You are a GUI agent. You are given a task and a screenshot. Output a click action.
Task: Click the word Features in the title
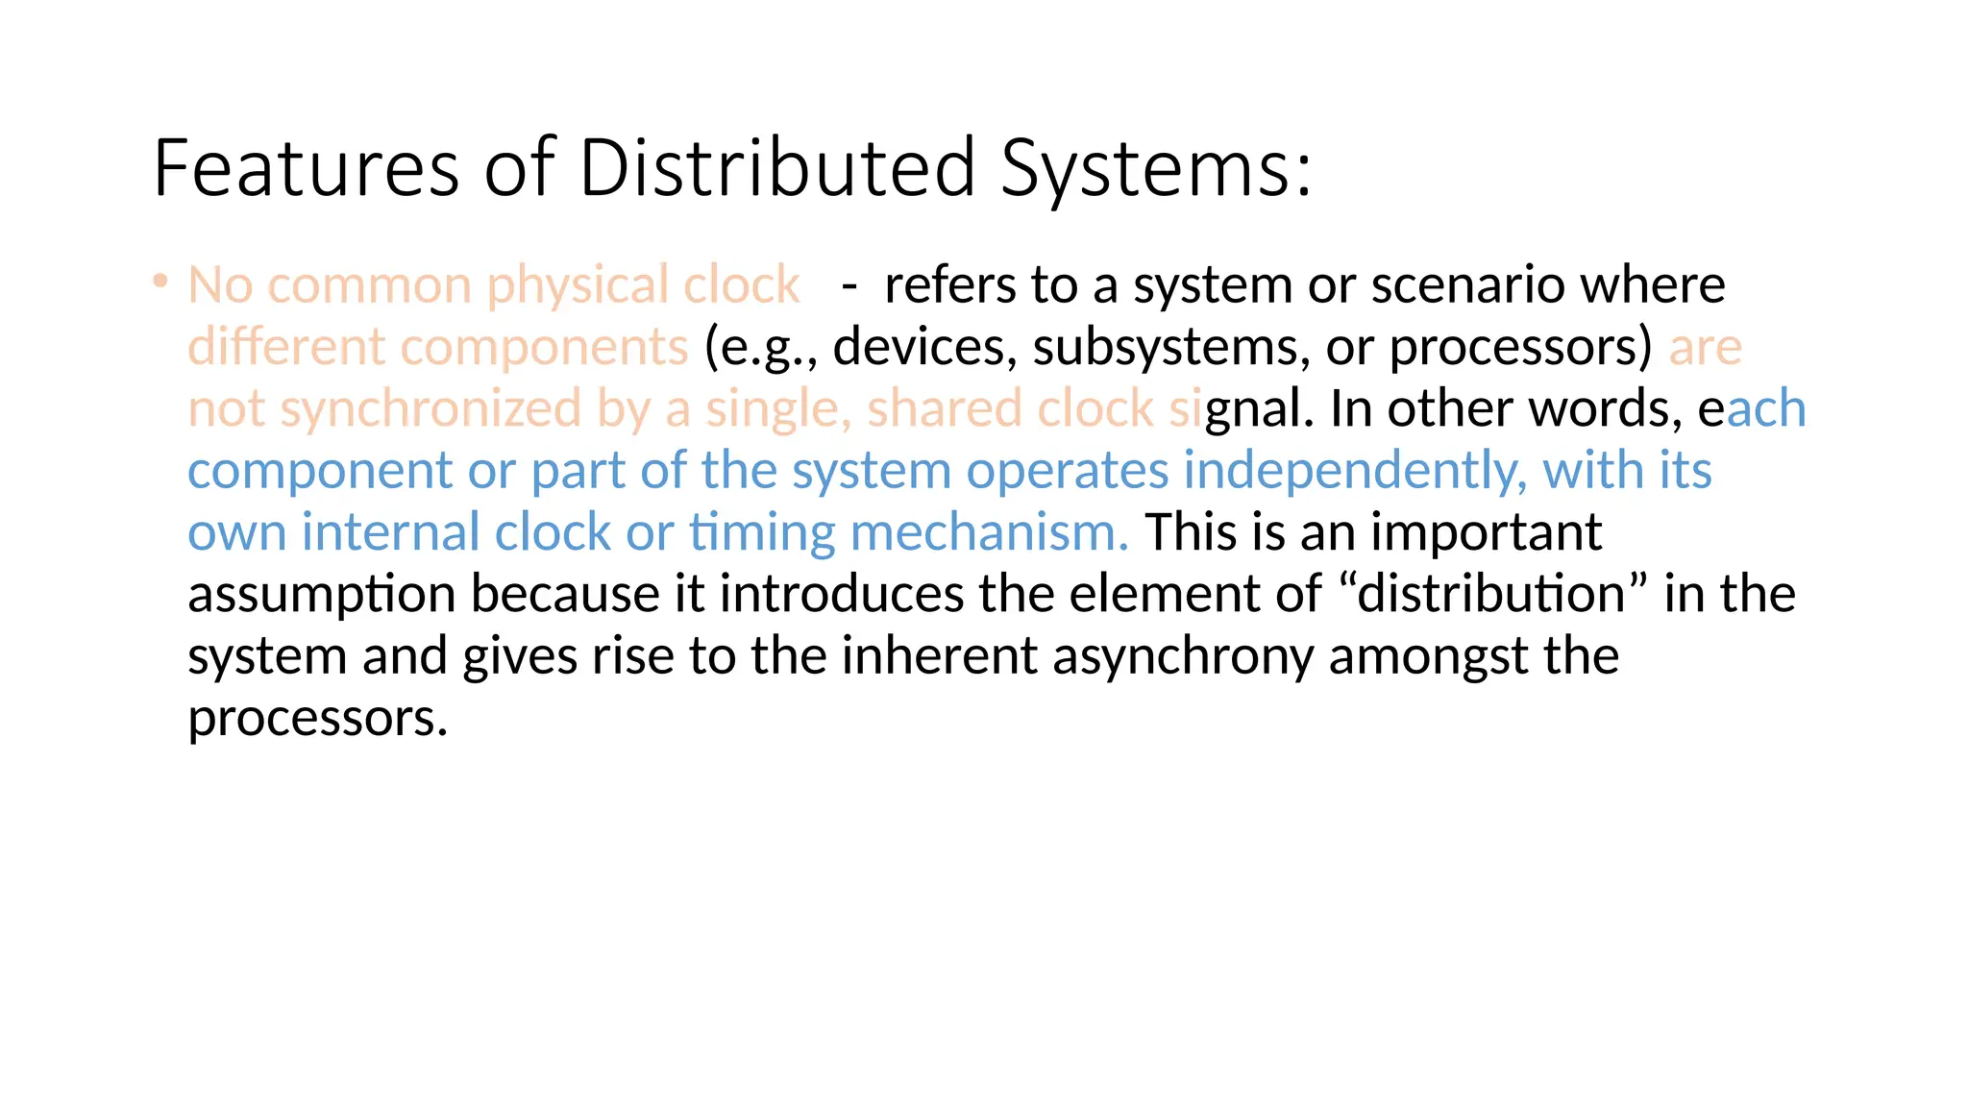[x=306, y=168]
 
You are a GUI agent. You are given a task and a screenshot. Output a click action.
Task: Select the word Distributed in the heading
[x=777, y=168]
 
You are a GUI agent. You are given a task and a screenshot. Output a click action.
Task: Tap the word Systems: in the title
[x=1154, y=168]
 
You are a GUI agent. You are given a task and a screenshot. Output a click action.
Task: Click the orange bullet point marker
[x=160, y=282]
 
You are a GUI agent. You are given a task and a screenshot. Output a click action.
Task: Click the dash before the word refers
[x=849, y=285]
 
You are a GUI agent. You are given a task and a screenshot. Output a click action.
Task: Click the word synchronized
[x=430, y=409]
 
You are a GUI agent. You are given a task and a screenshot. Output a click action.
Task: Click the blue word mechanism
[x=989, y=532]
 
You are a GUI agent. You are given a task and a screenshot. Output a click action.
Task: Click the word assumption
[x=321, y=594]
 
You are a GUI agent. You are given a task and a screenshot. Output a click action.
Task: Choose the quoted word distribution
[x=1490, y=594]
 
